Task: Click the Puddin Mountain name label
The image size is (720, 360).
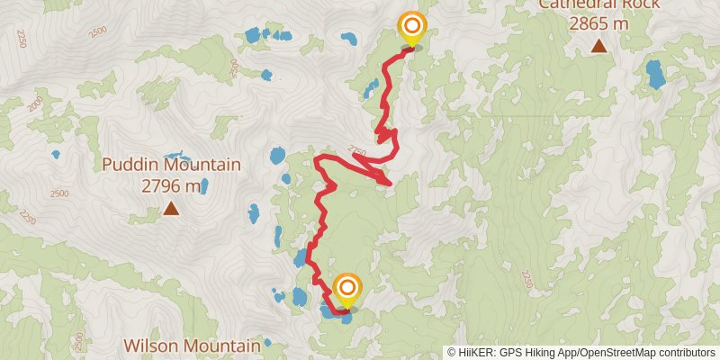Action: [x=171, y=165]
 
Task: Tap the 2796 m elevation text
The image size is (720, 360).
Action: [x=171, y=186]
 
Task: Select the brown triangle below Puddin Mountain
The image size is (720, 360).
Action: [x=171, y=210]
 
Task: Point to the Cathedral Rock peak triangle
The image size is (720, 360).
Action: [x=598, y=45]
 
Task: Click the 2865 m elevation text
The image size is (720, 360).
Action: [x=598, y=22]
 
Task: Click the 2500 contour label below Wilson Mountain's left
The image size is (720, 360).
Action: [x=78, y=342]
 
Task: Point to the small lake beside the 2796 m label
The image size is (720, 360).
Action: [x=205, y=186]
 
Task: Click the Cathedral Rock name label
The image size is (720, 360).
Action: [x=598, y=4]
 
